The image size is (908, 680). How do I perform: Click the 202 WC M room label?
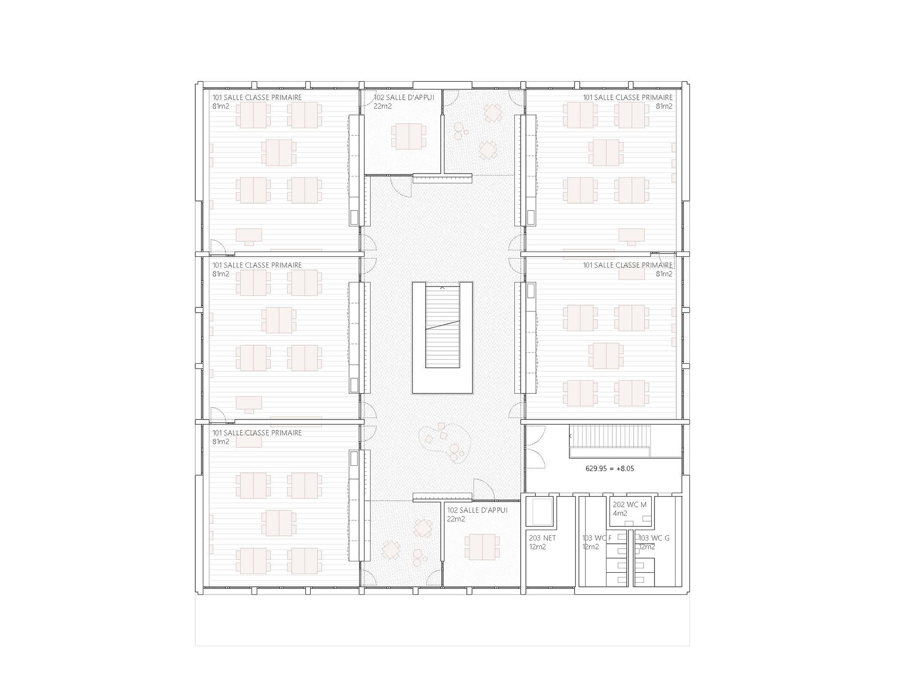point(629,505)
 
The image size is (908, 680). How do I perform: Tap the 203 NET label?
point(542,538)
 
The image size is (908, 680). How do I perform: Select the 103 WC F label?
point(597,538)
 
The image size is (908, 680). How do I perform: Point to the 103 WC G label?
point(654,538)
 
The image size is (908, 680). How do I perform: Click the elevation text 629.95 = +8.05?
point(610,469)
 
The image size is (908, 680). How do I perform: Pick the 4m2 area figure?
point(620,513)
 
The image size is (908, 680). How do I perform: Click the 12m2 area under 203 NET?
point(538,547)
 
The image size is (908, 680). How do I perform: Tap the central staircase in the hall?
point(442,338)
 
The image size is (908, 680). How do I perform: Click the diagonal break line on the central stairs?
point(442,325)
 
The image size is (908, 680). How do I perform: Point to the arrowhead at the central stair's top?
point(442,287)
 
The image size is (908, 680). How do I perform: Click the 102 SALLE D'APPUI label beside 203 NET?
point(477,510)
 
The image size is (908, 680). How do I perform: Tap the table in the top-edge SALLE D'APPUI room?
point(409,136)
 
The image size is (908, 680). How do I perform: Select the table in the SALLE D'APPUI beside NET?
point(482,547)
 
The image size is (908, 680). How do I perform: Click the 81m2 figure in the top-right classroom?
point(664,106)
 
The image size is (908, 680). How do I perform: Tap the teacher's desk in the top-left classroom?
point(249,236)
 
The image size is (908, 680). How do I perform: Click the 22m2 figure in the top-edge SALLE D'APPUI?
point(383,106)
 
